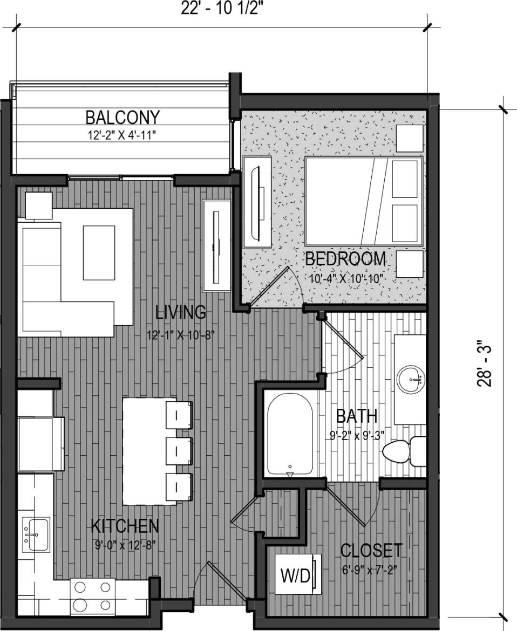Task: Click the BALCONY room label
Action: click(123, 116)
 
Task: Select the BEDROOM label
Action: click(345, 259)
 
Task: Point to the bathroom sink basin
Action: click(411, 380)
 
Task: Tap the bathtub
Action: click(289, 434)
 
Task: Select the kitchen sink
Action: click(36, 534)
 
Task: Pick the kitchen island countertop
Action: click(144, 451)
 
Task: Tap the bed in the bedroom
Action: click(363, 201)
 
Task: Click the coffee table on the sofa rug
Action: click(99, 252)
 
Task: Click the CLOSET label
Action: click(371, 551)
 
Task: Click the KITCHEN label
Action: click(124, 525)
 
